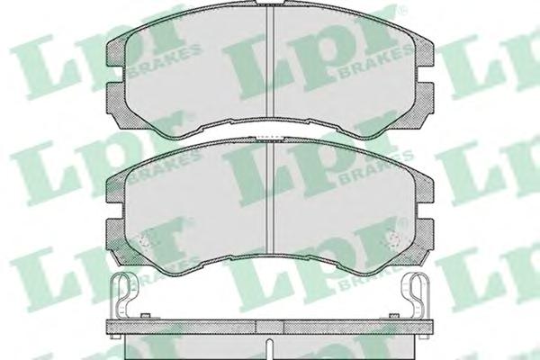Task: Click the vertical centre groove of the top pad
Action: pos(270,62)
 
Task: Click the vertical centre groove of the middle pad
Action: pos(270,197)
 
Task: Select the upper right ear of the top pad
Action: pos(424,53)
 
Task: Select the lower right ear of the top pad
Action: pos(424,100)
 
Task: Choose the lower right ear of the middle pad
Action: pos(424,238)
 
